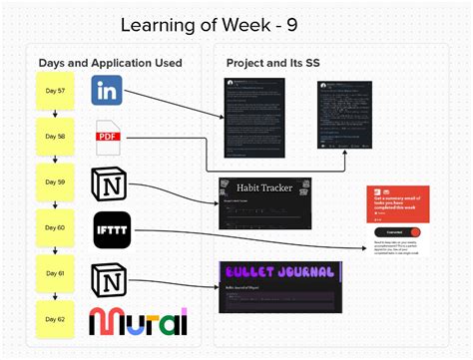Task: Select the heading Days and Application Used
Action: [x=110, y=63]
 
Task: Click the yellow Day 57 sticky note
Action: [x=54, y=91]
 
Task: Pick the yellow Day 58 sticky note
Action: [x=54, y=138]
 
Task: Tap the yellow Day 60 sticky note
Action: [x=54, y=228]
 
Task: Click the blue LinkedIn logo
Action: [x=107, y=90]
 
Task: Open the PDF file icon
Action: [x=108, y=136]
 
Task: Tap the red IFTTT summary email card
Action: [x=399, y=209]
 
